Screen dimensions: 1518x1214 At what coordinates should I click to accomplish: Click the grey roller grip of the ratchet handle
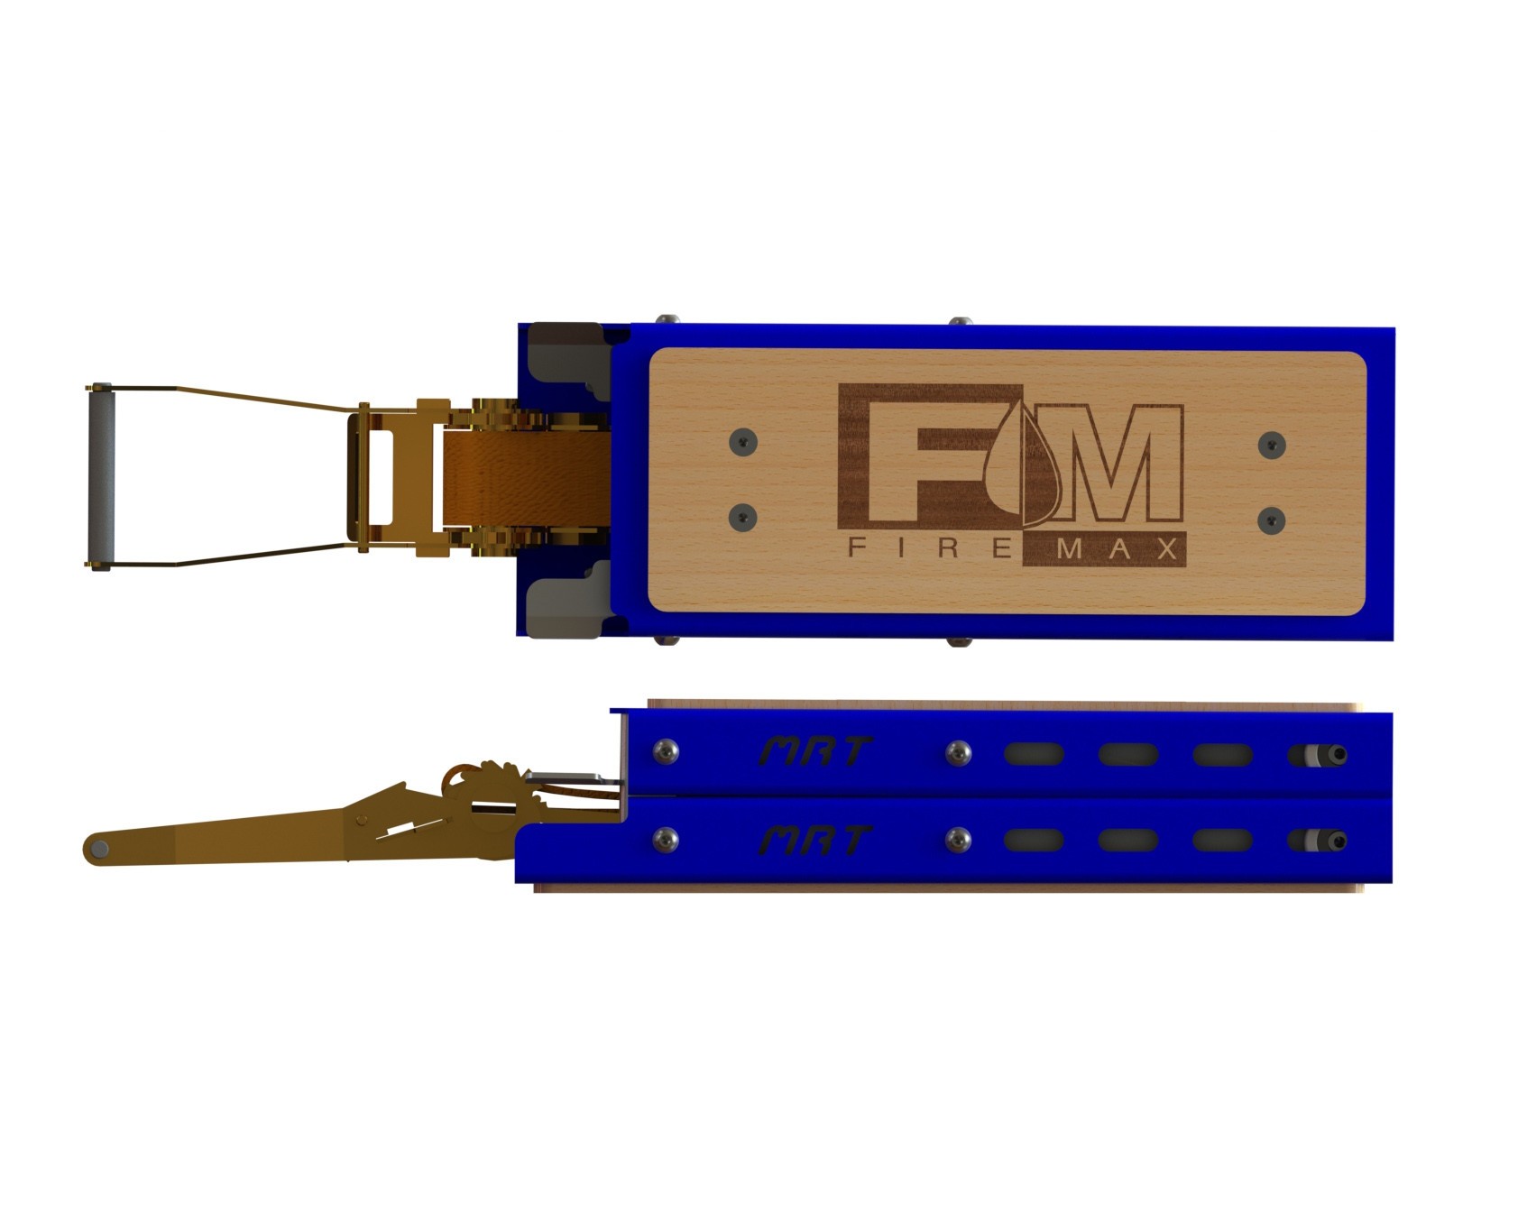pyautogui.click(x=100, y=476)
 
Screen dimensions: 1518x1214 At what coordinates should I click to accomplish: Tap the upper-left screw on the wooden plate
pyautogui.click(x=742, y=441)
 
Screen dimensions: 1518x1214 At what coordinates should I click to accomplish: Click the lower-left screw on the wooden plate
pyautogui.click(x=742, y=517)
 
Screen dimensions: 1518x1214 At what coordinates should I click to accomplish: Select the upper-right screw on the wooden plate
pyautogui.click(x=1272, y=443)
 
